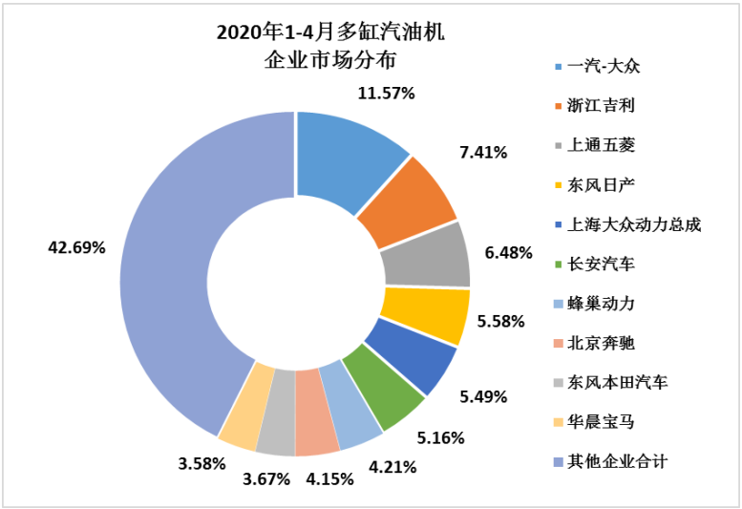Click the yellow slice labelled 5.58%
424,315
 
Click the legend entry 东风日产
601,184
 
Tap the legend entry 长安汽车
601,264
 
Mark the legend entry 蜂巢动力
601,304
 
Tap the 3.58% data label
201,464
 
